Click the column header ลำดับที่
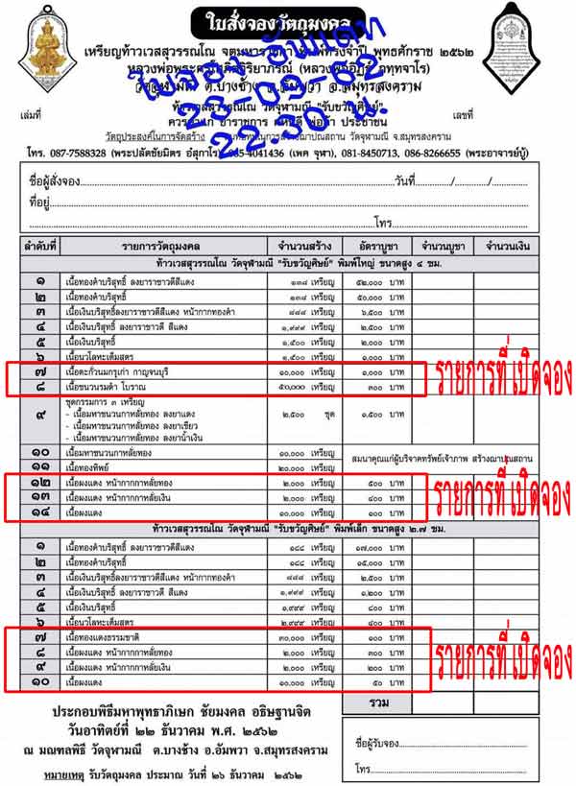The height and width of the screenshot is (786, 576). point(39,246)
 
